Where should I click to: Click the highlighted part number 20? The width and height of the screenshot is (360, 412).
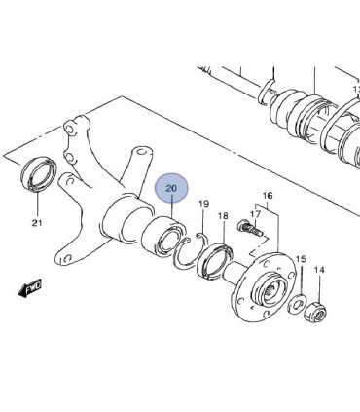tap(171, 188)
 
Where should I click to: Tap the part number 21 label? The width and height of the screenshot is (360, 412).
tap(37, 223)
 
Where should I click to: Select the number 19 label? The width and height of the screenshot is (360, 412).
tap(204, 205)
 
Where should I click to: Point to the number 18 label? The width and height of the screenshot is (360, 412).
tap(223, 216)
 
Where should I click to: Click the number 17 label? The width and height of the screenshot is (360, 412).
tap(256, 214)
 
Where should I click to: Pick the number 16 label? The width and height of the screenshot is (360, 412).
tap(268, 196)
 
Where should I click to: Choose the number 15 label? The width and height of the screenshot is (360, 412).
tap(301, 259)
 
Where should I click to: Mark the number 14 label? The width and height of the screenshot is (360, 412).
tap(319, 270)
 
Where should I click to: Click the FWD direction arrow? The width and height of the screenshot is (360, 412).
tap(30, 287)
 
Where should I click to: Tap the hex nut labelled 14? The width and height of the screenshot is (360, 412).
tap(315, 312)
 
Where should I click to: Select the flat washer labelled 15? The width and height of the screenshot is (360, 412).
tap(296, 304)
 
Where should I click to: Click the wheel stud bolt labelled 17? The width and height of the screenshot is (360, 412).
tap(250, 228)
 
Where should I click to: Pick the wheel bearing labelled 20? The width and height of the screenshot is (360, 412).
tap(164, 237)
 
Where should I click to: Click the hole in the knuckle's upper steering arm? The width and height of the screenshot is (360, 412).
tap(141, 151)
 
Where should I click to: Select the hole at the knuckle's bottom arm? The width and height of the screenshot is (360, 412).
tap(67, 258)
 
